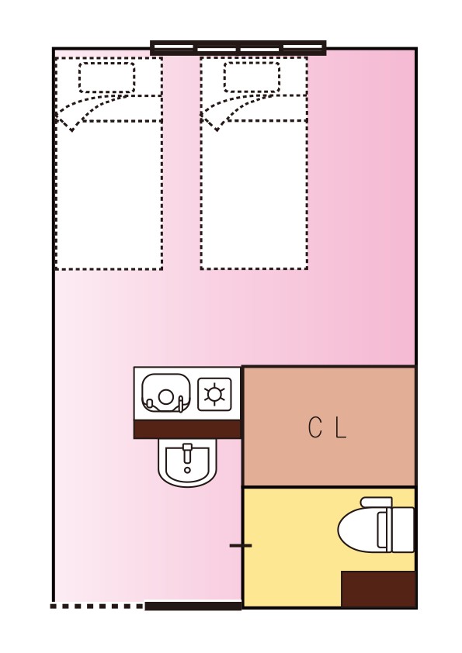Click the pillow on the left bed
pyautogui.click(x=106, y=78)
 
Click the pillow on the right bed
pyautogui.click(x=252, y=78)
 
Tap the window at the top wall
pyautogui.click(x=238, y=48)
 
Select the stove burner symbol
pyautogui.click(x=214, y=394)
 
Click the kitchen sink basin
pyautogui.click(x=166, y=393)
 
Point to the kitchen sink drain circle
pyautogui.click(x=166, y=397)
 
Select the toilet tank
pyautogui.click(x=401, y=530)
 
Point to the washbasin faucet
pyautogui.click(x=187, y=453)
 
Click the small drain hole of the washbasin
pyautogui.click(x=187, y=470)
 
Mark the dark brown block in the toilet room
pyautogui.click(x=379, y=589)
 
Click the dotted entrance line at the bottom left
pyautogui.click(x=97, y=606)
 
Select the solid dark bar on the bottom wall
pyautogui.click(x=193, y=606)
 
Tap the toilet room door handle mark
pyautogui.click(x=241, y=545)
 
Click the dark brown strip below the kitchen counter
pyautogui.click(x=187, y=430)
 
